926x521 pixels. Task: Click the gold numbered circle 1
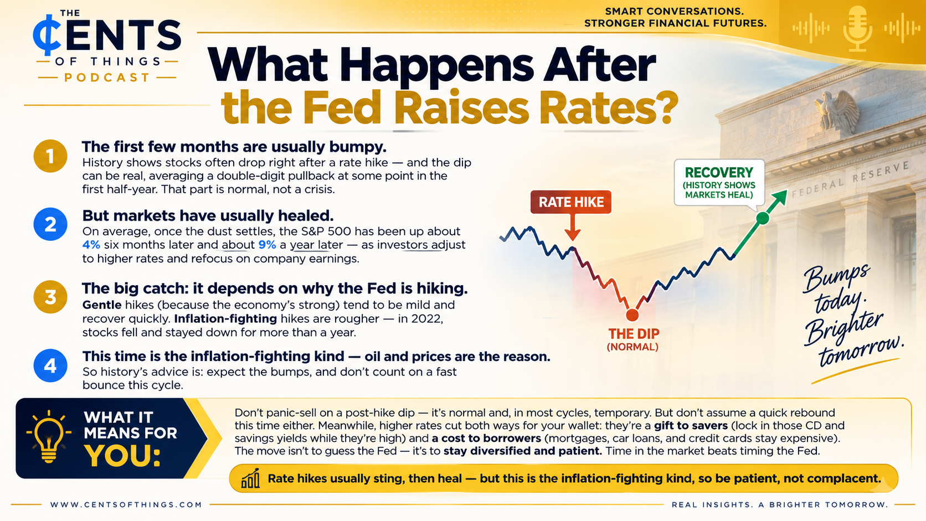point(50,156)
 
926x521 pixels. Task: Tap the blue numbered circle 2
point(50,224)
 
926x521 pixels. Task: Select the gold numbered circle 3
point(50,297)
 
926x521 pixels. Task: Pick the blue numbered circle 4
point(50,365)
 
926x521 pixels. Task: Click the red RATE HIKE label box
point(571,202)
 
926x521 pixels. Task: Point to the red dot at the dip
point(632,315)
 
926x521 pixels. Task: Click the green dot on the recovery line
point(763,218)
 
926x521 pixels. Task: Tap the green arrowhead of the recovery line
point(779,198)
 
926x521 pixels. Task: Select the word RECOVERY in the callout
point(719,172)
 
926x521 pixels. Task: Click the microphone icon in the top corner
point(858,28)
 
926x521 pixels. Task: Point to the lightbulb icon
point(49,437)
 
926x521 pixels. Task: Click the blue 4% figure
point(91,245)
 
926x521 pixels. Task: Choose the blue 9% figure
point(267,245)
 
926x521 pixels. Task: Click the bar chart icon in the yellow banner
point(250,479)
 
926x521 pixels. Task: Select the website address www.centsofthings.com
point(126,505)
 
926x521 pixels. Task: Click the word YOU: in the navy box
point(122,456)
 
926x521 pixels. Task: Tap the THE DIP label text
point(634,334)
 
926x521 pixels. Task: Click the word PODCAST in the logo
point(107,78)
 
